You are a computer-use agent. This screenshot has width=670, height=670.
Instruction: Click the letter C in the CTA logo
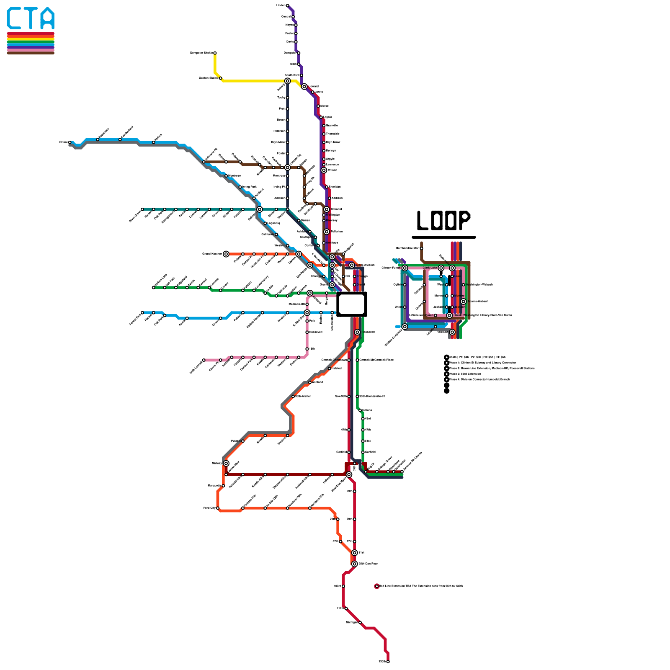click(14, 18)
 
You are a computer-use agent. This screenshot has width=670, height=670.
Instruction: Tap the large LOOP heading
click(443, 221)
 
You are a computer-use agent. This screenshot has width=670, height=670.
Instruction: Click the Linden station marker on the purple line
click(287, 5)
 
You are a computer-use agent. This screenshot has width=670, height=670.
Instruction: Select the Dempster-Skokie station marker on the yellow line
click(215, 53)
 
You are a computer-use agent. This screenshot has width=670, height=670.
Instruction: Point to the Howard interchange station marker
click(304, 86)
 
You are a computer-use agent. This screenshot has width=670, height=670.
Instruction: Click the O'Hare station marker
click(70, 142)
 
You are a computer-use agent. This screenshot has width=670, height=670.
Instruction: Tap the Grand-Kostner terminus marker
click(226, 254)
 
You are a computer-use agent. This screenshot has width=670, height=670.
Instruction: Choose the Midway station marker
click(226, 463)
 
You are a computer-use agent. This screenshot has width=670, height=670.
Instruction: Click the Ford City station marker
click(218, 508)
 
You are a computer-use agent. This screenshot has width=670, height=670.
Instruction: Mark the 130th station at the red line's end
click(388, 662)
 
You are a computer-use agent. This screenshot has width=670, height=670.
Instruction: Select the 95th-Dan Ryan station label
click(368, 564)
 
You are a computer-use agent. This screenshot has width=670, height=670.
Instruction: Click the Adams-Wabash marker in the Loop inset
click(463, 301)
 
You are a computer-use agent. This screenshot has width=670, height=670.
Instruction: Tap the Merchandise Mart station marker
click(422, 248)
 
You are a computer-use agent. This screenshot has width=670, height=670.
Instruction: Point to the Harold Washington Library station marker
click(449, 315)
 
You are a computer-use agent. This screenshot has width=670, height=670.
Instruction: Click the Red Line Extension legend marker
click(377, 586)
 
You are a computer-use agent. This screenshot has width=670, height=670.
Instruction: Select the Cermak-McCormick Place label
click(376, 360)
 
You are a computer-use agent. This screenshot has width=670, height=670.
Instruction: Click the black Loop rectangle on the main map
click(352, 304)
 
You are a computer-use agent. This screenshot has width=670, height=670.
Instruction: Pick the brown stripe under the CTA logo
click(31, 53)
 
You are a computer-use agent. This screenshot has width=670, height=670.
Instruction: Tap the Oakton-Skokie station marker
click(221, 78)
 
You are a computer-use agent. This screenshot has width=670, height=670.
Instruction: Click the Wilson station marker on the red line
click(324, 170)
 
